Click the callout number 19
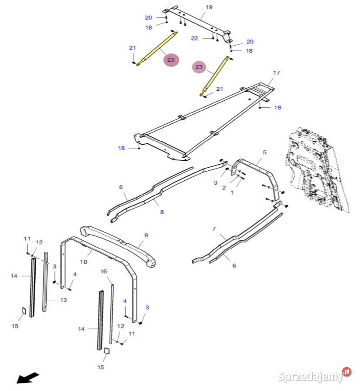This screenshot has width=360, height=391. point(209,7)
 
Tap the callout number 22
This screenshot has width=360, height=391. point(194,38)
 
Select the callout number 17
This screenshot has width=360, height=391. point(276,73)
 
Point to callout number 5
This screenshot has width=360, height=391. point(264,152)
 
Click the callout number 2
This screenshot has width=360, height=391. point(224,188)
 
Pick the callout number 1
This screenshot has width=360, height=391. point(232,192)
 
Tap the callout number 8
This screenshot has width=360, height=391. point(162,212)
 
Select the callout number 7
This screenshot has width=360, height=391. point(214,229)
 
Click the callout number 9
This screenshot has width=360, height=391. point(146,235)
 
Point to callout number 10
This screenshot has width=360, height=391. point(83,262)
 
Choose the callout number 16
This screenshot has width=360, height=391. point(103,271)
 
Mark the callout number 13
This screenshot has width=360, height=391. point(63,300)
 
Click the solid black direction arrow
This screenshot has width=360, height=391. point(28,378)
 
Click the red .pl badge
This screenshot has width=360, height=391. point(347,372)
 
